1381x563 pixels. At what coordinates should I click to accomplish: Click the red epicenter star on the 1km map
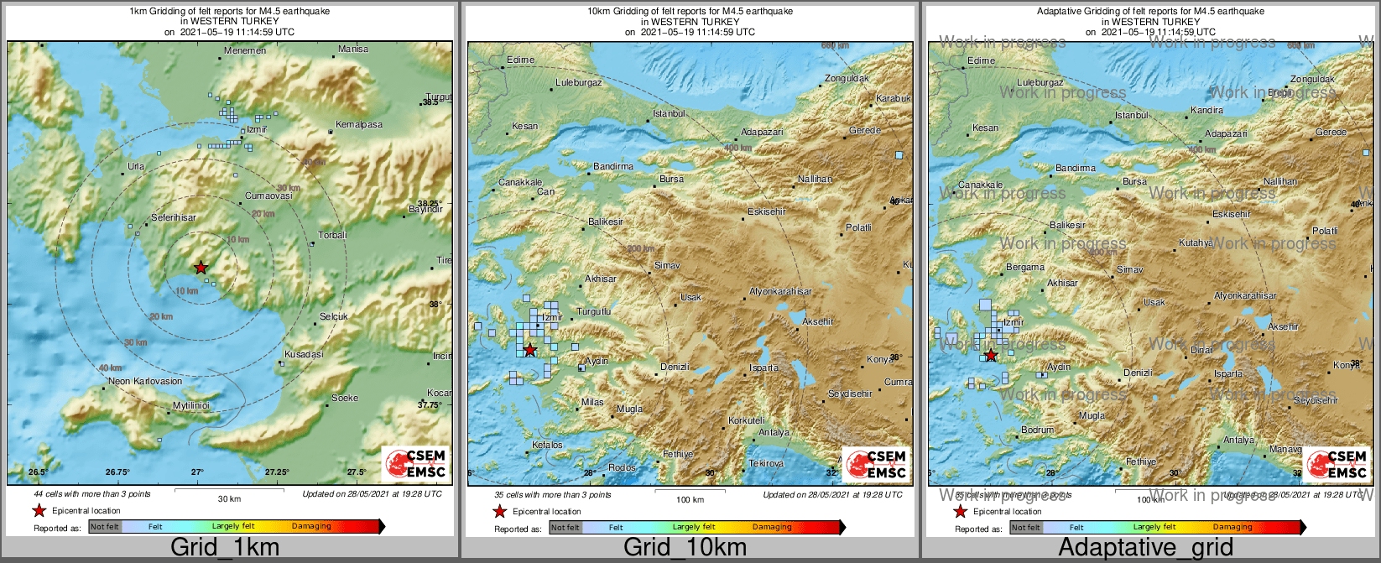click(x=201, y=268)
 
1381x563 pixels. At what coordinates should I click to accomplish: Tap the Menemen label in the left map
click(x=245, y=51)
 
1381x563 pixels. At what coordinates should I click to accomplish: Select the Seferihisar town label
click(x=174, y=218)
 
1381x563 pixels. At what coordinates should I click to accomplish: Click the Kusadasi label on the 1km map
click(x=304, y=355)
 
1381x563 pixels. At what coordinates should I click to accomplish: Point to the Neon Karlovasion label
click(x=145, y=382)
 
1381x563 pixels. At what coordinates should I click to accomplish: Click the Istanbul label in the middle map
click(x=669, y=114)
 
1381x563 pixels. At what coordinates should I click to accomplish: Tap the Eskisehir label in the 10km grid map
click(x=767, y=212)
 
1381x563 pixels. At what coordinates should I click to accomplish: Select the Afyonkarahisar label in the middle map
click(x=780, y=292)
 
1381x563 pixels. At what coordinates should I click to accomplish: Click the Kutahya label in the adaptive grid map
click(x=1196, y=243)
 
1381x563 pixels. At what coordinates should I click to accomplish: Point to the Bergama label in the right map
click(x=1025, y=268)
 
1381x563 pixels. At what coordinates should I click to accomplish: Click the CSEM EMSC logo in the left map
click(x=415, y=464)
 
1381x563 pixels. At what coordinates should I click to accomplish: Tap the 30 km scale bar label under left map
click(x=229, y=499)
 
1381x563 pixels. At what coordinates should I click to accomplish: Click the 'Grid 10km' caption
click(x=685, y=548)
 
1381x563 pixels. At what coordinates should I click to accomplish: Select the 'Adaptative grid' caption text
click(x=1145, y=548)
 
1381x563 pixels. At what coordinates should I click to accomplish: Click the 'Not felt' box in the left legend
click(x=105, y=527)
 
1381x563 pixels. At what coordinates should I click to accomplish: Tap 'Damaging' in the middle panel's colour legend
click(x=772, y=528)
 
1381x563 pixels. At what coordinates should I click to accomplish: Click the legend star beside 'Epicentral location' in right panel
click(x=960, y=512)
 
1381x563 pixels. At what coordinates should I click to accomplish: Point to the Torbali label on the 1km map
click(x=332, y=236)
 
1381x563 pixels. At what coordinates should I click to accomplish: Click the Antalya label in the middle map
click(x=774, y=433)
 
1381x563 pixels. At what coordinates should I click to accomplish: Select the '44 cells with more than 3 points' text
click(x=92, y=494)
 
